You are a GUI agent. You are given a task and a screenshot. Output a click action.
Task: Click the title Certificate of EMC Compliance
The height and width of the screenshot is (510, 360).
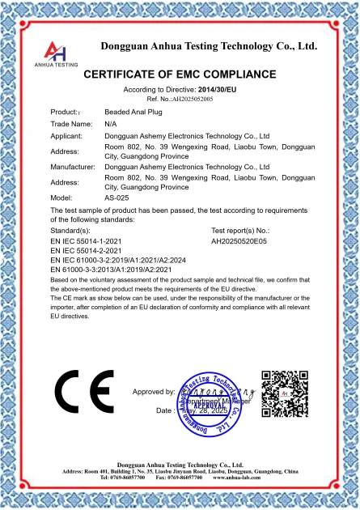(180, 74)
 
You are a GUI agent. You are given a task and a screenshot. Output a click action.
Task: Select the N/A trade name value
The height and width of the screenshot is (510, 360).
(111, 124)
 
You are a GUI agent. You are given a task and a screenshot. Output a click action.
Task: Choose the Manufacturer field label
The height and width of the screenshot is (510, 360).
(73, 167)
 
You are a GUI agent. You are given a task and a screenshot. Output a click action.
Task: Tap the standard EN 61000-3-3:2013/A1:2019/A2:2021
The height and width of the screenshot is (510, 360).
(117, 270)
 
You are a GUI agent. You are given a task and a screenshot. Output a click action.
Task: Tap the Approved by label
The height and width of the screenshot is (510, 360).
(154, 392)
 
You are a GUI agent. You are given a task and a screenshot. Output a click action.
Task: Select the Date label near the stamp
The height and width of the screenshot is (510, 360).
(164, 410)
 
